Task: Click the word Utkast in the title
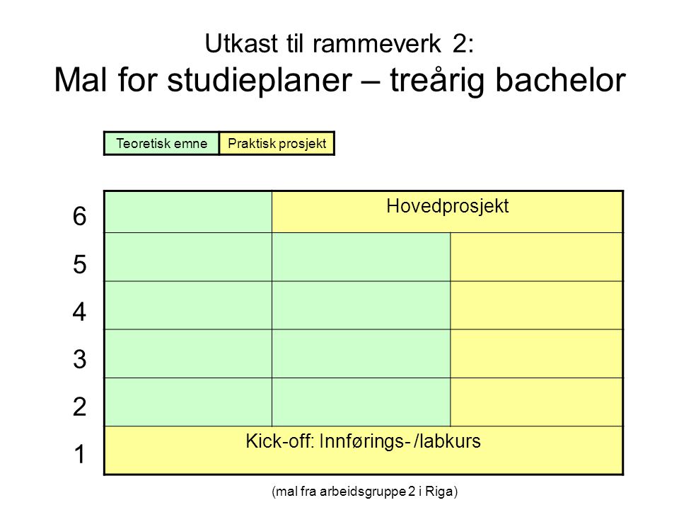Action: [241, 44]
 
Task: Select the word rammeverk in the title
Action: [377, 44]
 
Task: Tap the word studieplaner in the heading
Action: [260, 81]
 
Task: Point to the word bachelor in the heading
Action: [560, 80]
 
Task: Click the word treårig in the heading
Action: [437, 81]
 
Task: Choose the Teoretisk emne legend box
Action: [161, 143]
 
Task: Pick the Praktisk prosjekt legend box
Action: [277, 143]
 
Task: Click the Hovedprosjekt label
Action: [447, 206]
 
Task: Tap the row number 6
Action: [80, 216]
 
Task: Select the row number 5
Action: [80, 264]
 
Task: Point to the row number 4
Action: [80, 312]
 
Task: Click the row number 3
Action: [80, 359]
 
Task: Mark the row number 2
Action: [80, 407]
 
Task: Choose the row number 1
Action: [80, 454]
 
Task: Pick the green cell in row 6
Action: [188, 212]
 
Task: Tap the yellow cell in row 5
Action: [537, 257]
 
